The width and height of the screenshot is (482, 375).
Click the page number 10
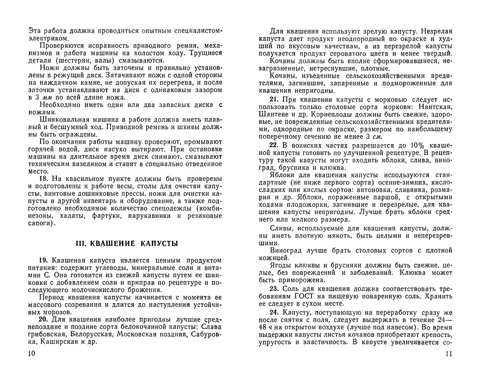tap(32, 355)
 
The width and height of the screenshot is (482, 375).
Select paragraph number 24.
tap(274, 313)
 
